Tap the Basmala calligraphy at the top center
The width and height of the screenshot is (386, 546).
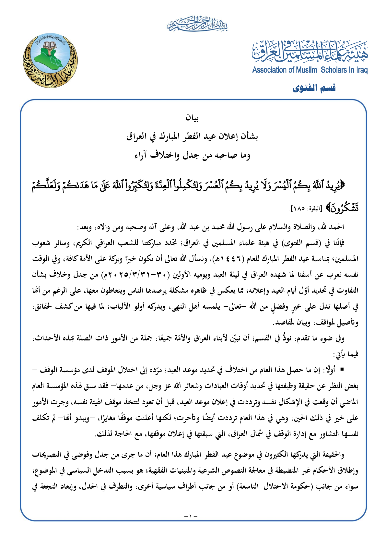tap(197, 25)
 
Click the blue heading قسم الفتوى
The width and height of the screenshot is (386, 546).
tap(314, 88)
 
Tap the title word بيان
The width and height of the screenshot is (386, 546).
tap(193, 118)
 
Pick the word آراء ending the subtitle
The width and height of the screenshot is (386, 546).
tap(143, 156)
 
